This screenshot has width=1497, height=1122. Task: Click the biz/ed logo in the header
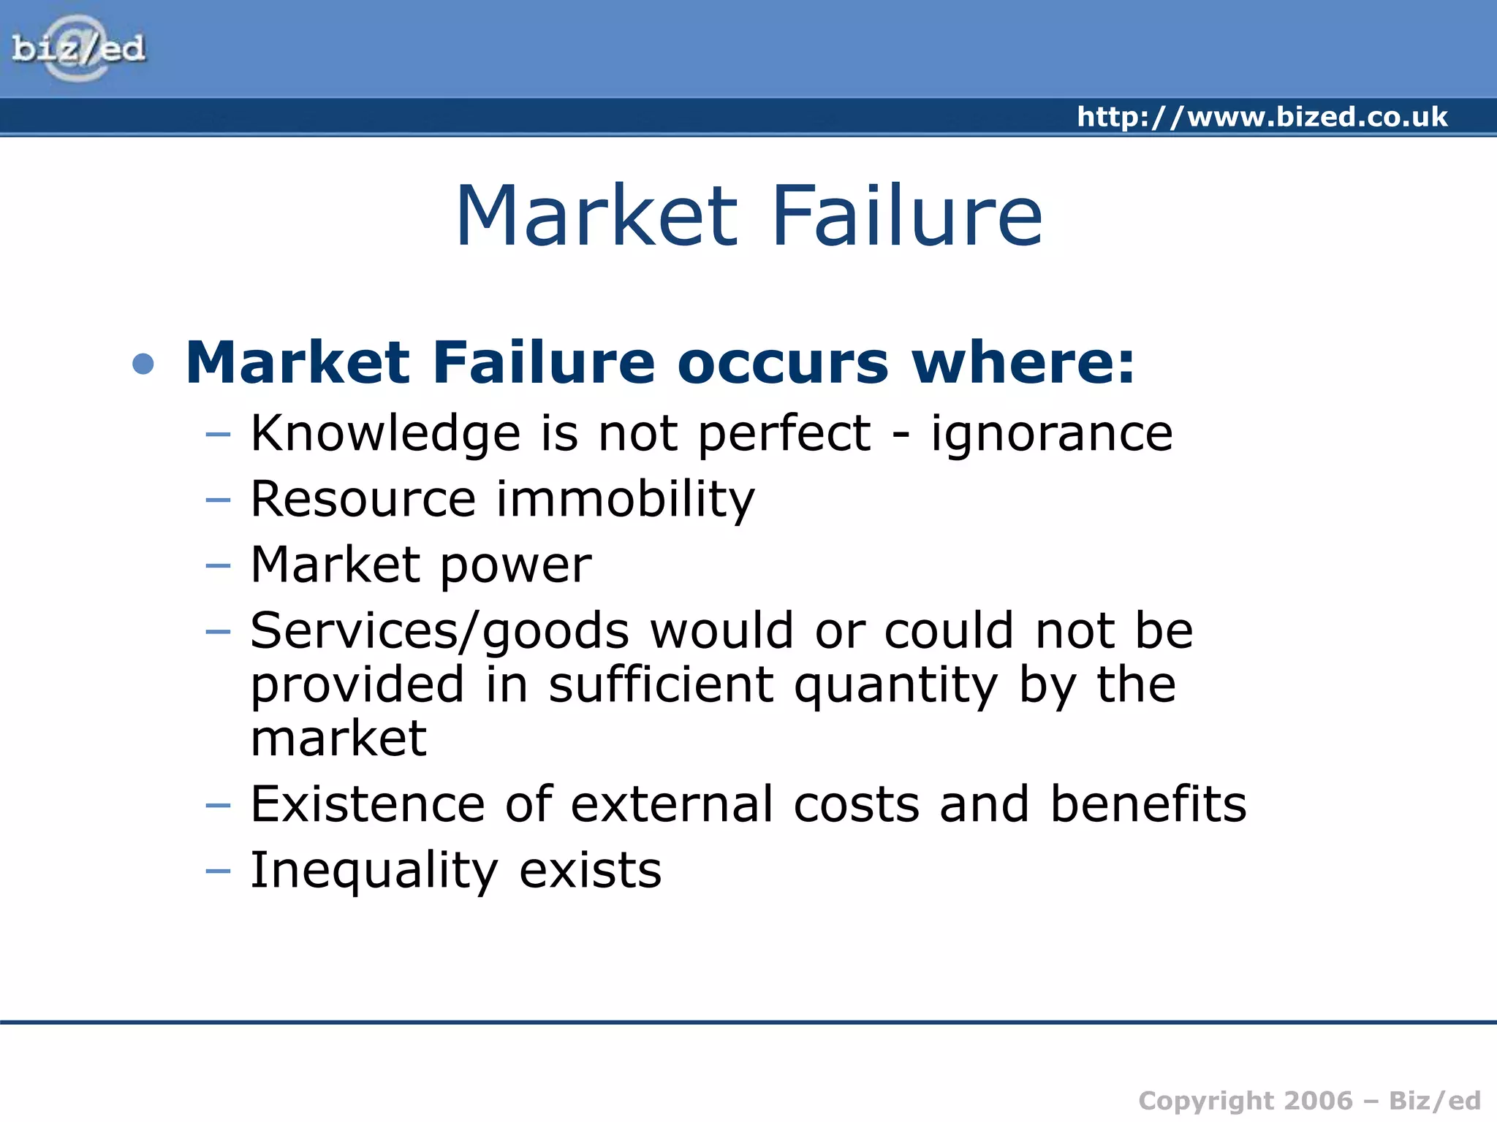(x=78, y=48)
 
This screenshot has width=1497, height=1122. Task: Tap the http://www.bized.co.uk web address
(x=1262, y=117)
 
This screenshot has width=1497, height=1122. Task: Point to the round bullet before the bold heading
(x=144, y=363)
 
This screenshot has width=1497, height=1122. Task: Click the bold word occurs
(x=782, y=363)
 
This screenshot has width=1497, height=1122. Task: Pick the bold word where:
(x=1023, y=363)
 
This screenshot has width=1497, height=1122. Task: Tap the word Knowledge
(x=385, y=433)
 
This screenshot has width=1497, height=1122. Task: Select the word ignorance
(x=1051, y=433)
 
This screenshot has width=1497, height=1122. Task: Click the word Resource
(x=363, y=499)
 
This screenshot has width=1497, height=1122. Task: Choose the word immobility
(x=626, y=499)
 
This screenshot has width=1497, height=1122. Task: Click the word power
(x=516, y=566)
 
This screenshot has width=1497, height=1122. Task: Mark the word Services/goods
(x=439, y=631)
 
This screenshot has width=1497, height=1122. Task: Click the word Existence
(x=368, y=804)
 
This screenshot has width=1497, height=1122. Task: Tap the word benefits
(x=1148, y=804)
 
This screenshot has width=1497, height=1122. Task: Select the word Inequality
(x=374, y=871)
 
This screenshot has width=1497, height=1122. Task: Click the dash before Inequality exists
(x=218, y=871)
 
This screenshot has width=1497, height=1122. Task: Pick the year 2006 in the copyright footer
(x=1318, y=1101)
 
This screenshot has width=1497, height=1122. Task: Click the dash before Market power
(x=218, y=565)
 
